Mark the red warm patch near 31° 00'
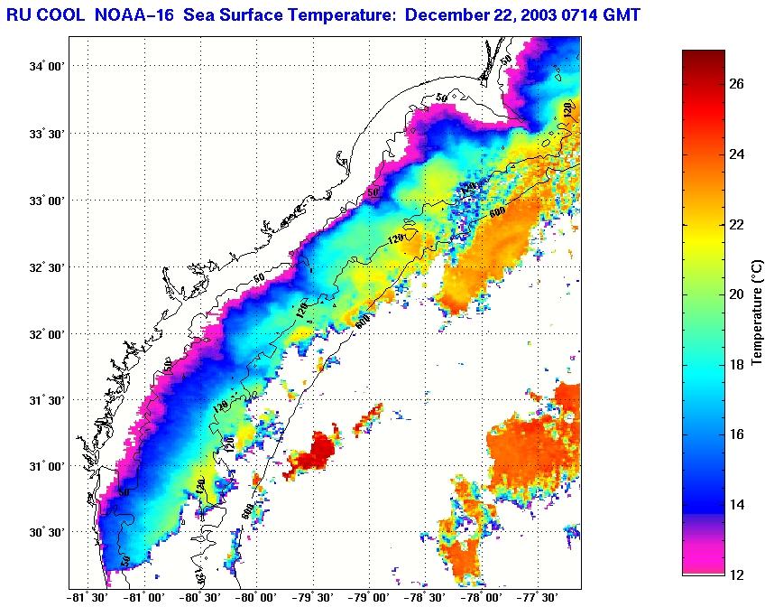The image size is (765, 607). click(x=313, y=452)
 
